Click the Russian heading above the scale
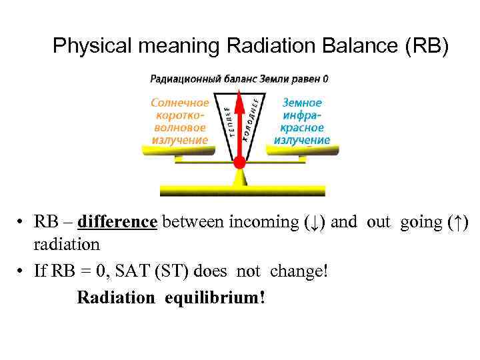[239, 79]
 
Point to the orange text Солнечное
[179, 103]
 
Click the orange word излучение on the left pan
[179, 140]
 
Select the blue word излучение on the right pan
[302, 140]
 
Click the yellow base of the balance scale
[242, 191]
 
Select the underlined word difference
[117, 222]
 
